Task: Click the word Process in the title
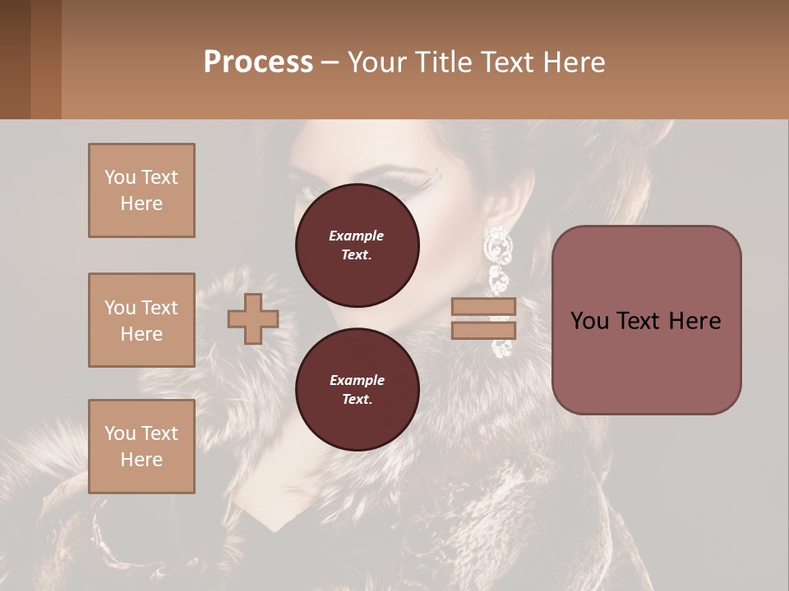258,62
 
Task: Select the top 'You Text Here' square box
141,190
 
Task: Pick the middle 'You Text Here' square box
141,320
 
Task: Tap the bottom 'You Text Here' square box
141,447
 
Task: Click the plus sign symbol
253,318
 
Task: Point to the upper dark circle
357,245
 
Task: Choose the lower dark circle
357,390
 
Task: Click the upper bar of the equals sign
484,306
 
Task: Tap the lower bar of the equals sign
484,330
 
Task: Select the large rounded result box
646,320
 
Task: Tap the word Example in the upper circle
356,236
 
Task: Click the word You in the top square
120,177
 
